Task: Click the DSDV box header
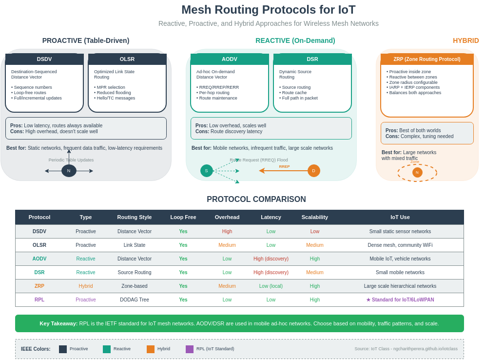[x=44, y=59]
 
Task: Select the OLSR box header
[x=127, y=59]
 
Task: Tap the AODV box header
[x=230, y=59]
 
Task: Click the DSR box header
[x=312, y=59]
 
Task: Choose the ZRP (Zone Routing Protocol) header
[x=427, y=59]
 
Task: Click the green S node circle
[x=206, y=171]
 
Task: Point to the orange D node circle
[x=314, y=171]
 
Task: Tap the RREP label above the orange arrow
[x=284, y=167]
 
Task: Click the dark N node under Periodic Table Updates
[x=69, y=171]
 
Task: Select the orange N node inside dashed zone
[x=417, y=172]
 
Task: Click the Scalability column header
[x=315, y=217]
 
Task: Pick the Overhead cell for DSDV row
[x=227, y=232]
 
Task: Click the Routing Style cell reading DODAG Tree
[x=135, y=300]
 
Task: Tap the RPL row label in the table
[x=39, y=300]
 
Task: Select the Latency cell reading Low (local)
[x=271, y=286]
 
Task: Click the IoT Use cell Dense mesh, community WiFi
[x=400, y=245]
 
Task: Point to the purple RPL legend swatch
[x=190, y=349]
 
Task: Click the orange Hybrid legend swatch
[x=151, y=349]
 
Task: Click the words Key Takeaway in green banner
[x=58, y=323]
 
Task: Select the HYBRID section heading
[x=466, y=40]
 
